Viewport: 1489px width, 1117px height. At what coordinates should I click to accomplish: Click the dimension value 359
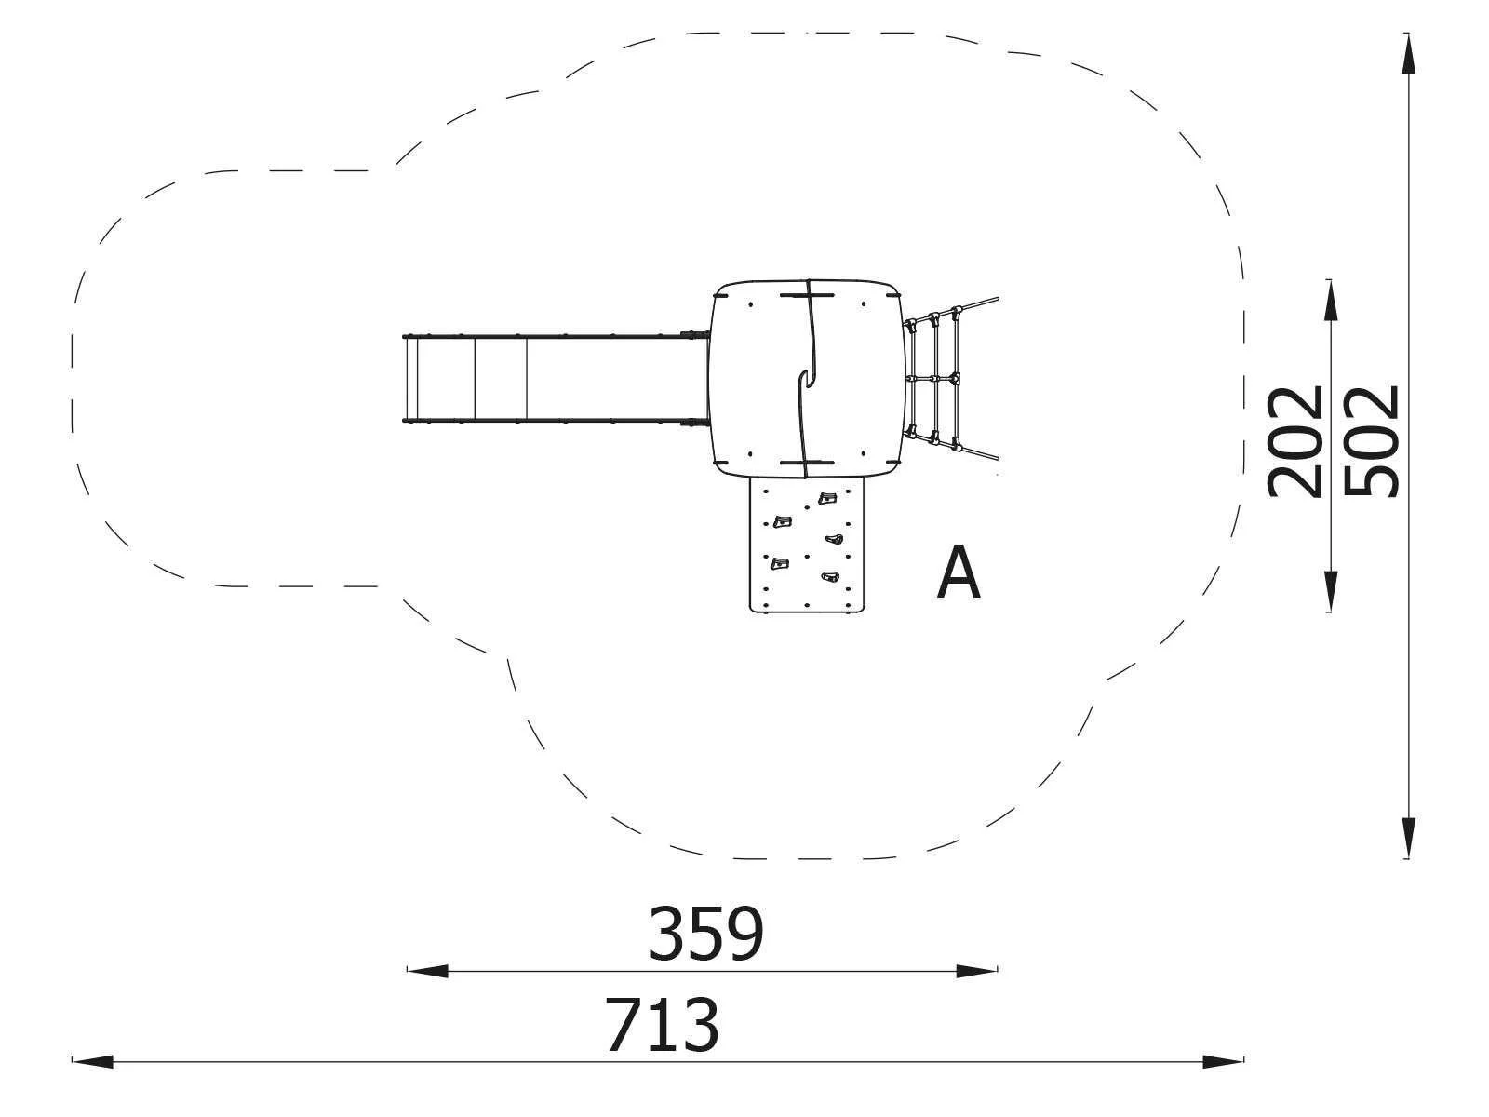705,934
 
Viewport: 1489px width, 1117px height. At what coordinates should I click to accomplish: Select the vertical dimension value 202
1296,442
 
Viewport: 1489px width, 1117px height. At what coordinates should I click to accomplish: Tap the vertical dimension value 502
1373,442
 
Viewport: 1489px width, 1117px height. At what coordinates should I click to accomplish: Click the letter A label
959,573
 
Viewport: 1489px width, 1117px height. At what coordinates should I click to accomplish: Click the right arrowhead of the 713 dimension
1225,1061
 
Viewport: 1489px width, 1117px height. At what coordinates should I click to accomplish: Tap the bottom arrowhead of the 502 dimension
1410,838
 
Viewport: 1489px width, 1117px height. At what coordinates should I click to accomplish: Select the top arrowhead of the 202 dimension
1331,300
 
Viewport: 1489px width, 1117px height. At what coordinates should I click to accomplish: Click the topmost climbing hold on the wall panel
825,499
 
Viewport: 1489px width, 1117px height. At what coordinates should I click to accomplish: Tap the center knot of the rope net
951,379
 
